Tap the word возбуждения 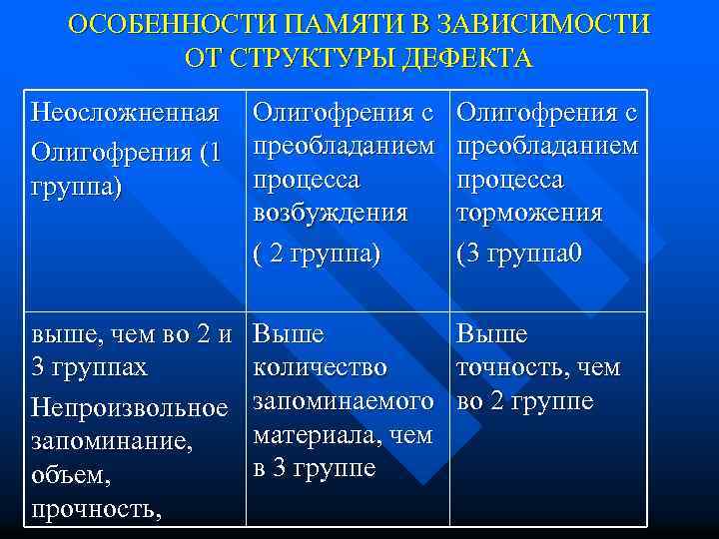[331, 213]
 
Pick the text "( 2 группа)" [318, 254]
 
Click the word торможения [529, 213]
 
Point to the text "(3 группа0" [519, 254]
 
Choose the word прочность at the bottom [95, 510]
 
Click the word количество [321, 367]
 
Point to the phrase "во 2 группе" [525, 401]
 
